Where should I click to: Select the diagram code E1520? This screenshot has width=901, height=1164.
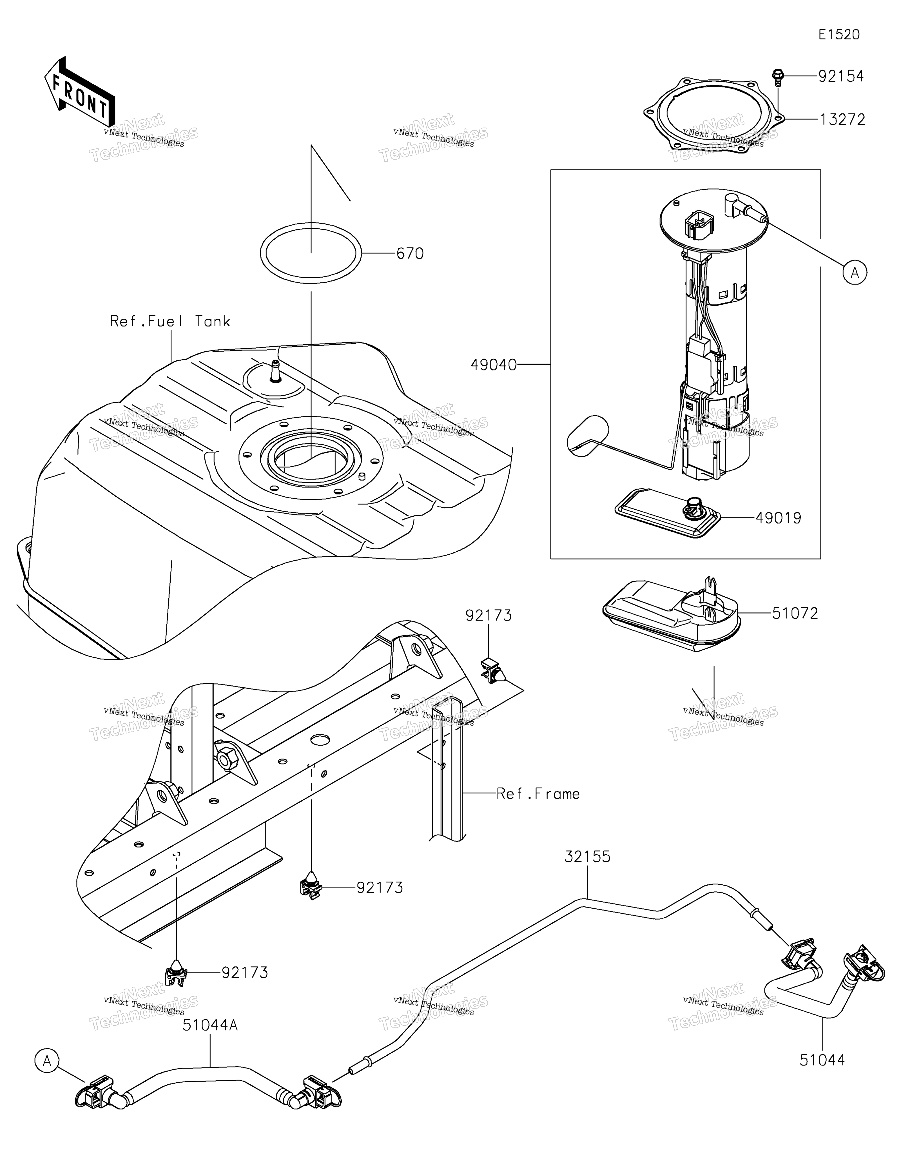839,35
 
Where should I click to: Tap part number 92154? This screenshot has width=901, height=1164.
841,76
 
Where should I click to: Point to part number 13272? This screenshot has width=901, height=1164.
842,119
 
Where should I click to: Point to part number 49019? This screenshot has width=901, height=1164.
778,518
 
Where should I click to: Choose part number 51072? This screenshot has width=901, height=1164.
795,614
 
